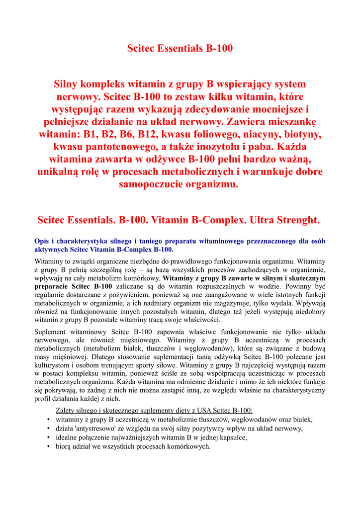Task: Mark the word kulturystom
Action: pos(53,365)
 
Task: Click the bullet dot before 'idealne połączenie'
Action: pos(48,438)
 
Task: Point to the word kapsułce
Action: pos(232,437)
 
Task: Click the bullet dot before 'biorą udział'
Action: pos(48,447)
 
